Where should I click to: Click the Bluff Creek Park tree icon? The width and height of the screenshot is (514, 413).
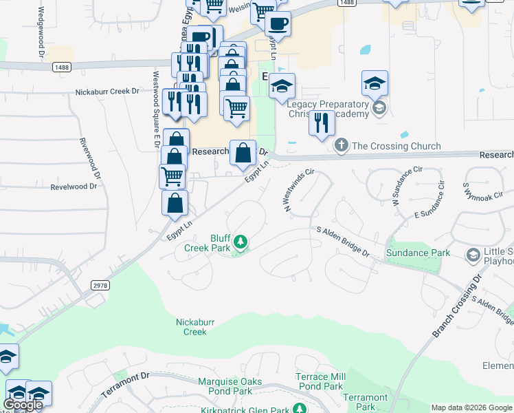[240, 242]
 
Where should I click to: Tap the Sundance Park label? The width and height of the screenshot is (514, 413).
[418, 253]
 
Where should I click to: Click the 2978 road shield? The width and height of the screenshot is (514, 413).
[100, 284]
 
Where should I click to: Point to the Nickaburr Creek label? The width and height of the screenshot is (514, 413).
[191, 326]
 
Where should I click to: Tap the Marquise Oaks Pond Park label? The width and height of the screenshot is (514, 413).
[240, 381]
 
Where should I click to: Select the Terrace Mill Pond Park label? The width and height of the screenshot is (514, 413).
[320, 381]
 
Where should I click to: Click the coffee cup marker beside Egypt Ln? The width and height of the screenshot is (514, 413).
[278, 24]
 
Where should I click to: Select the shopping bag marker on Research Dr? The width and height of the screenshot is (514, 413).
[243, 153]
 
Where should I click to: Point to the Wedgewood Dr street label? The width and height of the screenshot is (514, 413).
[41, 31]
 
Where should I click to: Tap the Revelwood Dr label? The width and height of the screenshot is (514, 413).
[74, 187]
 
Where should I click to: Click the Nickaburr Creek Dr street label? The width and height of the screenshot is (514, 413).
[107, 91]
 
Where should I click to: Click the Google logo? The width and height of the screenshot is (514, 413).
[23, 405]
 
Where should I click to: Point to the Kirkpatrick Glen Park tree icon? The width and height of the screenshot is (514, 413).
[300, 409]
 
